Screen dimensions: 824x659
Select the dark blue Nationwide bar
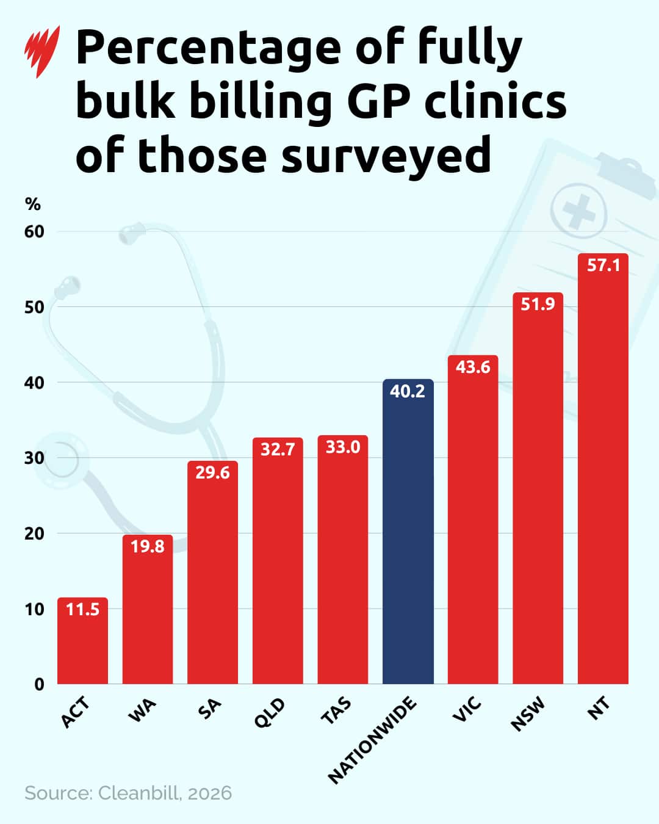[x=408, y=537]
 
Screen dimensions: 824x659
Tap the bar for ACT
[x=82, y=647]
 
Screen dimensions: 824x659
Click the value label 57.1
[x=603, y=265]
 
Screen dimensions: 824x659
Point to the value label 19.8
[x=148, y=546]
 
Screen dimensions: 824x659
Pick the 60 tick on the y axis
[x=34, y=232]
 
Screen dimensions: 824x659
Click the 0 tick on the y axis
[x=39, y=684]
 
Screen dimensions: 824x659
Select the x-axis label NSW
[x=527, y=715]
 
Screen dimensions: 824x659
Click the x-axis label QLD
[x=269, y=713]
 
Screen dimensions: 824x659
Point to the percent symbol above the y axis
[x=32, y=204]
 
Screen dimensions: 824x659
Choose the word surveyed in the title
[x=386, y=155]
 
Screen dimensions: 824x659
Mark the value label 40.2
[x=408, y=391]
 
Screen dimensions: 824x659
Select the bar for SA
[x=212, y=580]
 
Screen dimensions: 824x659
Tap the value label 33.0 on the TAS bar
[x=342, y=447]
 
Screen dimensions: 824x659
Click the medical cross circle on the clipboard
[x=578, y=211]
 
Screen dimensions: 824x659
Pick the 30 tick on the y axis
[x=34, y=458]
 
